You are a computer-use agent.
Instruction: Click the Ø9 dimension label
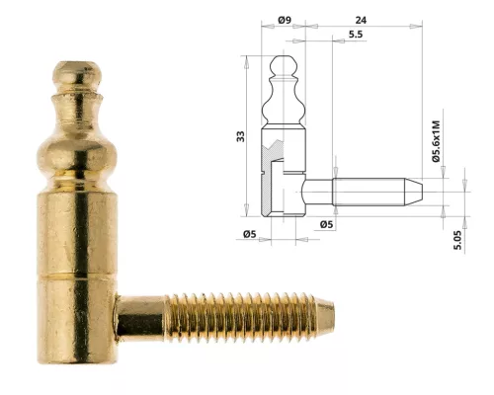285,19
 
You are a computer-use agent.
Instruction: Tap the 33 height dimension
240,135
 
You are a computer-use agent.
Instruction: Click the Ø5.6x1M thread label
436,140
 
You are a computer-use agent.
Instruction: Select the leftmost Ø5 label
250,234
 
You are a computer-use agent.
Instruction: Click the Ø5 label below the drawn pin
327,225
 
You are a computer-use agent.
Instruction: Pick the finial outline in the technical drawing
283,94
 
